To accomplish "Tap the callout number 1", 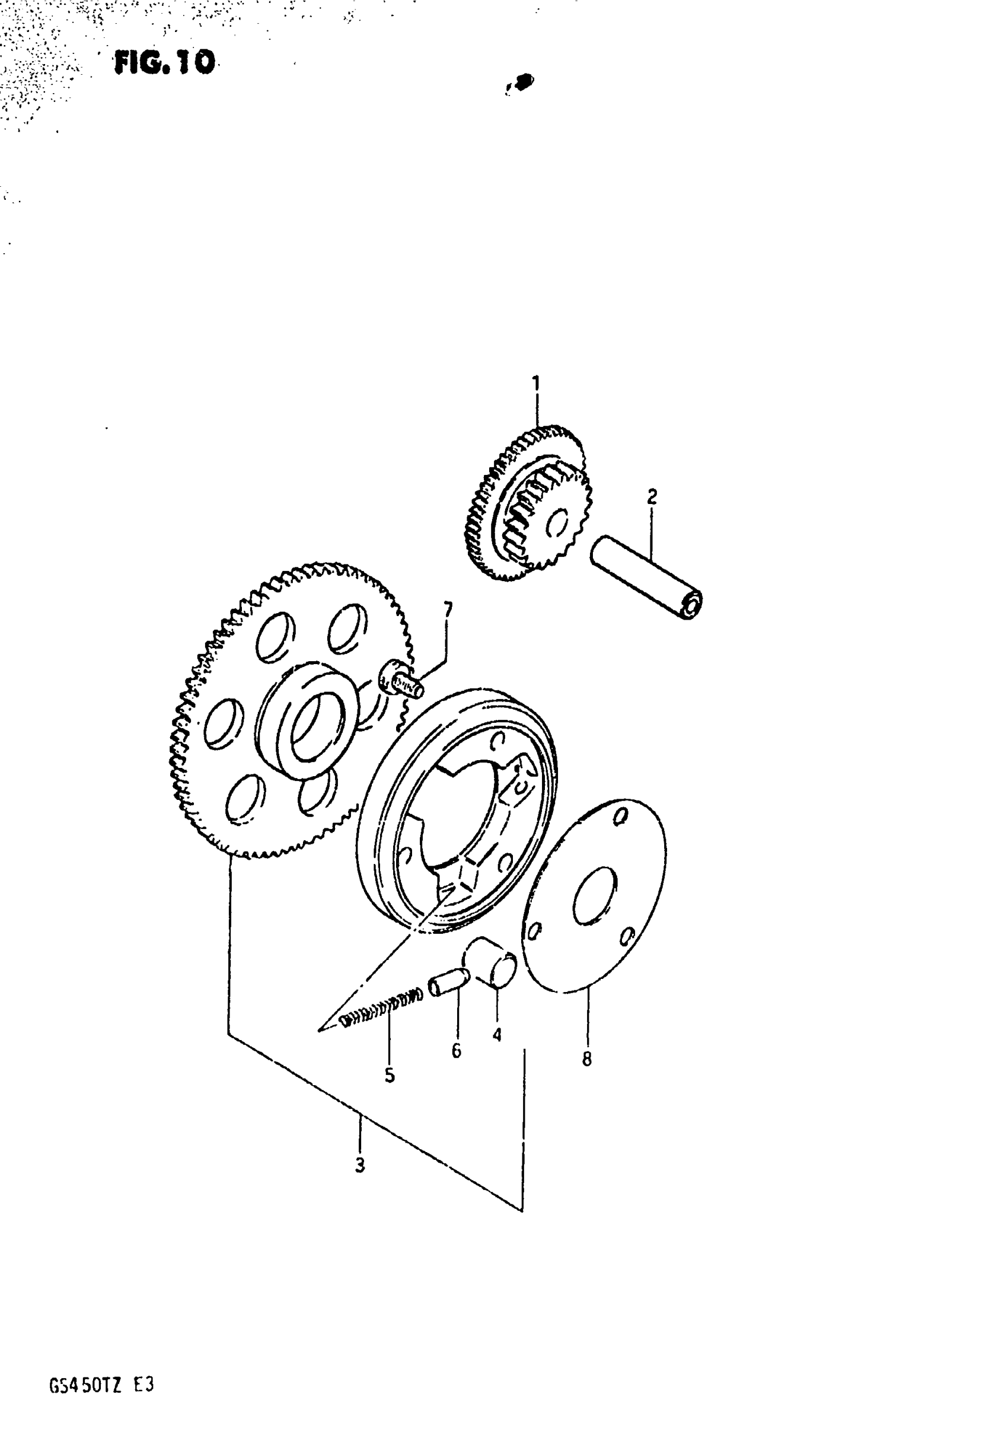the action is [x=535, y=382].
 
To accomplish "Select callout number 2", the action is [x=652, y=497].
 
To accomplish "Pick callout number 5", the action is [x=390, y=1076].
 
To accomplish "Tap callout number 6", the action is [x=457, y=1051].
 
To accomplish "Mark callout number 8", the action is [x=586, y=1059].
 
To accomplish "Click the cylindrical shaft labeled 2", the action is [x=646, y=578].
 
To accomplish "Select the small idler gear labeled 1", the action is [x=528, y=504].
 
